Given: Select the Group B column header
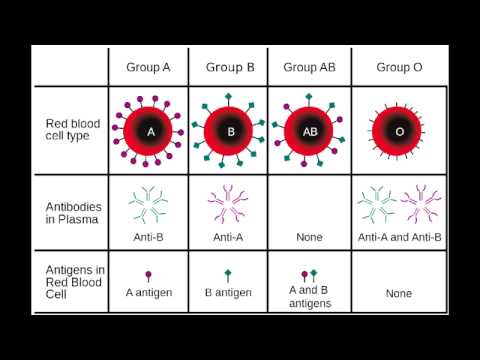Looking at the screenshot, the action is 230,68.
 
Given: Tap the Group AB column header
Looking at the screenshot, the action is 308,68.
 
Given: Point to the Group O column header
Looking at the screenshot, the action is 398,68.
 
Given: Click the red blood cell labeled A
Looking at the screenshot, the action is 150,131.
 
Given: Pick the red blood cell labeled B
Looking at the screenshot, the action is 230,131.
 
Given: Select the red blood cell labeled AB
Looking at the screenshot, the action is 308,131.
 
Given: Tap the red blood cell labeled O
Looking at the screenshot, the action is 399,131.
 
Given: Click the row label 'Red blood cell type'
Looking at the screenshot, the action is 72,130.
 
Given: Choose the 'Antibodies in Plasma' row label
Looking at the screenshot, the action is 73,212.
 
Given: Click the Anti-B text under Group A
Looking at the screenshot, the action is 150,237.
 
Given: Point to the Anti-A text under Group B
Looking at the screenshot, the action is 230,237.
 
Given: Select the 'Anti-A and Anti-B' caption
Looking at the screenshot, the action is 398,237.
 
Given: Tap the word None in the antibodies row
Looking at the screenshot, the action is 308,237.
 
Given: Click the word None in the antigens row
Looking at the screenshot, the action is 398,294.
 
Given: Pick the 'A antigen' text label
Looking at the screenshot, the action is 150,293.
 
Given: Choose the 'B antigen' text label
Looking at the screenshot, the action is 229,293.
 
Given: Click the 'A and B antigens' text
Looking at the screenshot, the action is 308,297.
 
